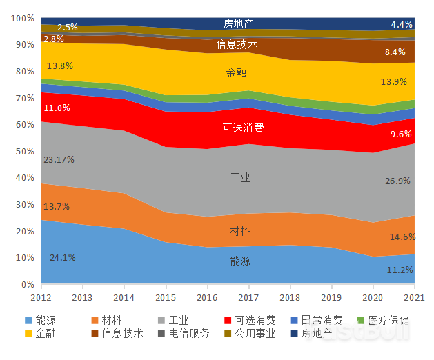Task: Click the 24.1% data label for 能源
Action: tap(62, 258)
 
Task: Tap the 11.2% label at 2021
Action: tap(400, 270)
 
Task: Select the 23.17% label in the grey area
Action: tap(59, 159)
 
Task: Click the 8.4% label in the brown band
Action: tap(395, 52)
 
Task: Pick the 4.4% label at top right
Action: tap(401, 24)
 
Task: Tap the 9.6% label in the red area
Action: tap(400, 134)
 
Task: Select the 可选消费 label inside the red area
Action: tap(243, 128)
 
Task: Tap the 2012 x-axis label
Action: tap(41, 297)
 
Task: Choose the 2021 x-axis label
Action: tap(414, 297)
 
